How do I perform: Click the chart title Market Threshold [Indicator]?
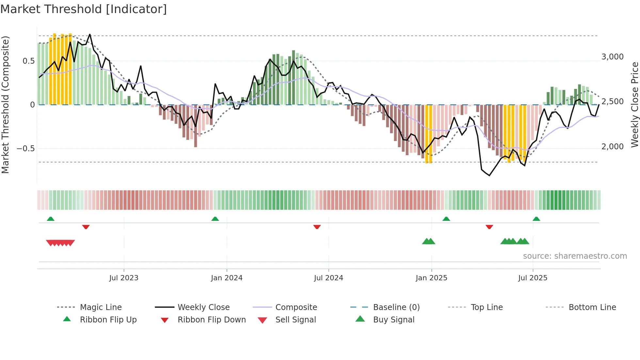pyautogui.click(x=84, y=9)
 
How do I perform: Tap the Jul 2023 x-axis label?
pyautogui.click(x=124, y=278)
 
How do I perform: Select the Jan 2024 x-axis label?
pyautogui.click(x=227, y=278)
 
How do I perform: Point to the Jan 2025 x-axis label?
pyautogui.click(x=431, y=278)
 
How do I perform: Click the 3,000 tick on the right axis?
pyautogui.click(x=613, y=57)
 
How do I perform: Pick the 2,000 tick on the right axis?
pyautogui.click(x=613, y=147)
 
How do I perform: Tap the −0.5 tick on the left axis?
pyautogui.click(x=26, y=149)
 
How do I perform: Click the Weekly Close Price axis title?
pyautogui.click(x=634, y=105)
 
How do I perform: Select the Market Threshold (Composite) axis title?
pyautogui.click(x=5, y=105)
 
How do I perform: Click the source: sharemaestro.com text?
pyautogui.click(x=575, y=256)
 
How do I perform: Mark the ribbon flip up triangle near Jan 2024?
pyautogui.click(x=215, y=219)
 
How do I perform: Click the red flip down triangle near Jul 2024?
pyautogui.click(x=317, y=227)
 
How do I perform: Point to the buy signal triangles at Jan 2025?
pyautogui.click(x=428, y=241)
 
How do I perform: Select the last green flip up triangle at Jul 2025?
pyautogui.click(x=536, y=219)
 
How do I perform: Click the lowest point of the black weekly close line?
pyautogui.click(x=489, y=175)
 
